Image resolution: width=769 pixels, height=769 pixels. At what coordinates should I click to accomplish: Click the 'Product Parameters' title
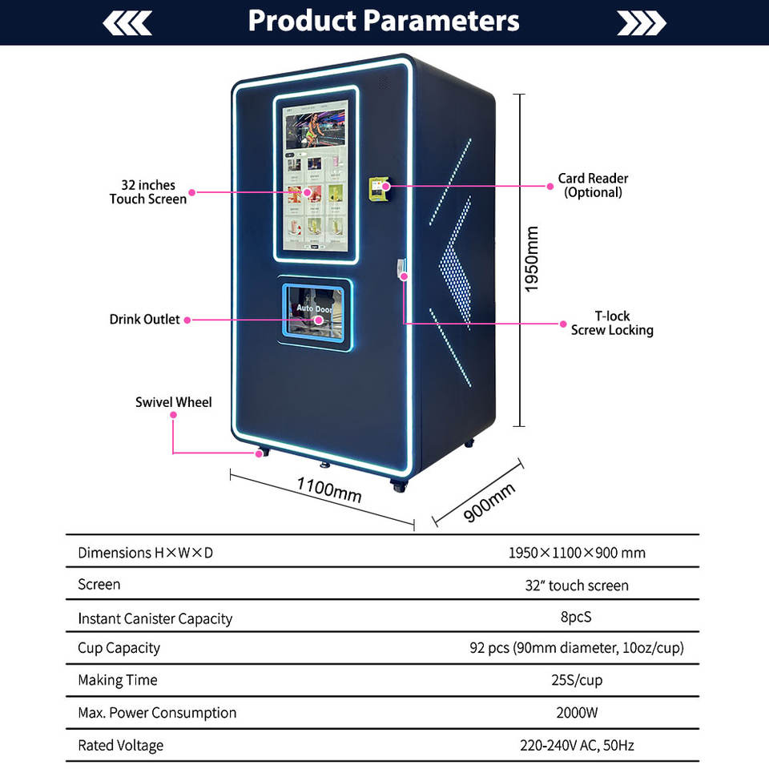[384, 21]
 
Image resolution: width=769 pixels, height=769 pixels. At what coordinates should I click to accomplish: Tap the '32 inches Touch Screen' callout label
[148, 192]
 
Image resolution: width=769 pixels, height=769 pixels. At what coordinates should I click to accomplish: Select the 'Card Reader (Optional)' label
[593, 185]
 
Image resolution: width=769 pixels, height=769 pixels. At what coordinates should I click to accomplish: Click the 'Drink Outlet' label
[145, 320]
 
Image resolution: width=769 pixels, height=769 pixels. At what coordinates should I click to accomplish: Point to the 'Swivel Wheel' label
[174, 402]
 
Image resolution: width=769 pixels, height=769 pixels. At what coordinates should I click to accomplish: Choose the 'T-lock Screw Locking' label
[612, 323]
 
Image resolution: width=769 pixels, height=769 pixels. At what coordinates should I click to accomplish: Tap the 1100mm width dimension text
[328, 489]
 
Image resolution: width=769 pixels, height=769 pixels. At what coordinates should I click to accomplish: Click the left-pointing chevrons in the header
[127, 23]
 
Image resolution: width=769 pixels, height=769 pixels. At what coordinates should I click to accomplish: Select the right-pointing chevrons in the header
[642, 23]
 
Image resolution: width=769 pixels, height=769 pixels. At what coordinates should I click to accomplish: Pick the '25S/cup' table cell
[577, 681]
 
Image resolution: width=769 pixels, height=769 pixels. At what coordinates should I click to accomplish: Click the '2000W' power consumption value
[577, 713]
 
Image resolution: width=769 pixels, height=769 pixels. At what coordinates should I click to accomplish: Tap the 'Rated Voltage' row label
[120, 746]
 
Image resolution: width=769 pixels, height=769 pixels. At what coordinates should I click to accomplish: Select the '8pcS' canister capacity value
[577, 618]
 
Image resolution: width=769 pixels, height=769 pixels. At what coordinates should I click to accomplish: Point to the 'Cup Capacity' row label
[119, 648]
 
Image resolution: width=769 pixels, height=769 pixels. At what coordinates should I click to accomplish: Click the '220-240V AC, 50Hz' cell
[577, 746]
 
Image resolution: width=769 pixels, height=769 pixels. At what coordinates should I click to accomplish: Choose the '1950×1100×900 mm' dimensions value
[577, 553]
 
